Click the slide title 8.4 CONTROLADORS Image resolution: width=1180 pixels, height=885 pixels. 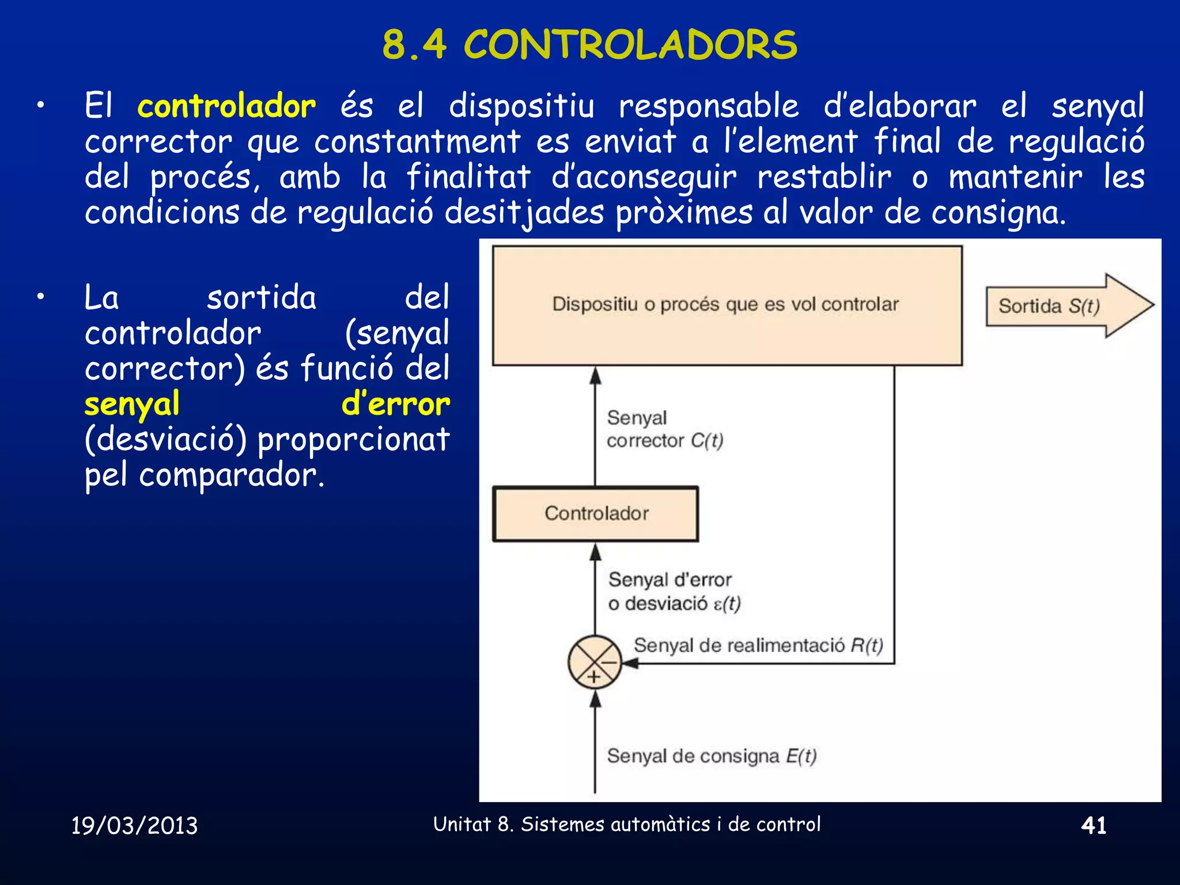pyautogui.click(x=589, y=44)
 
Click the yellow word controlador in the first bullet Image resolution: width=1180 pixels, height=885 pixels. pyautogui.click(x=226, y=107)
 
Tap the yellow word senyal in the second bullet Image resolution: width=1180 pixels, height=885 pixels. pyautogui.click(x=132, y=404)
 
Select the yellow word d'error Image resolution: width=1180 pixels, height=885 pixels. pyautogui.click(x=395, y=404)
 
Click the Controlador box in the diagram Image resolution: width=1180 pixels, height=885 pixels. pyautogui.click(x=596, y=513)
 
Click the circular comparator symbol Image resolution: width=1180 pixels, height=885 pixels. pyautogui.click(x=595, y=662)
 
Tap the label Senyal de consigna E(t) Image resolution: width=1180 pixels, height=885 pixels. pyautogui.click(x=712, y=755)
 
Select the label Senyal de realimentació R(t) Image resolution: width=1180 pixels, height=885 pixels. pyautogui.click(x=758, y=645)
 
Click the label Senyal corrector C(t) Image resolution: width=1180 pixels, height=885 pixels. pyautogui.click(x=664, y=429)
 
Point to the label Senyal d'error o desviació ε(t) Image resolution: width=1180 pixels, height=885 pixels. pyautogui.click(x=674, y=591)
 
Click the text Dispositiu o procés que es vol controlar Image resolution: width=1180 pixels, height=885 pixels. pyautogui.click(x=725, y=304)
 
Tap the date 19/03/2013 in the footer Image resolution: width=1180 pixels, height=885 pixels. pyautogui.click(x=134, y=826)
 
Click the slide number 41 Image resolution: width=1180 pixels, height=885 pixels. pyautogui.click(x=1094, y=826)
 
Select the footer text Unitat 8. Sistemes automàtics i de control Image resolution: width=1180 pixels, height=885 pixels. pyautogui.click(x=627, y=825)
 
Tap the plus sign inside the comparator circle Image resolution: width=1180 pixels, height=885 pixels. pyautogui.click(x=593, y=677)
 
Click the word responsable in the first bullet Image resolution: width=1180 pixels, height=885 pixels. pyautogui.click(x=709, y=107)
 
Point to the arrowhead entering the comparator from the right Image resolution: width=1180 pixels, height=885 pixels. pyautogui.click(x=630, y=663)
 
